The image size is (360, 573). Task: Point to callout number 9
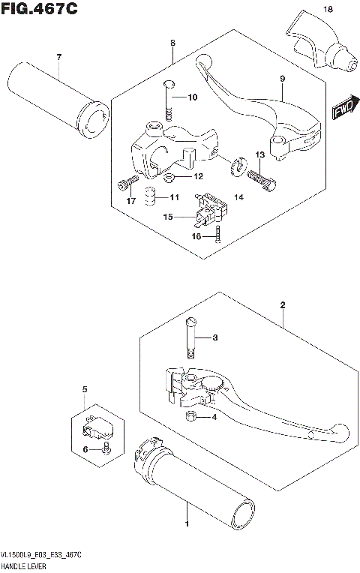283,78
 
